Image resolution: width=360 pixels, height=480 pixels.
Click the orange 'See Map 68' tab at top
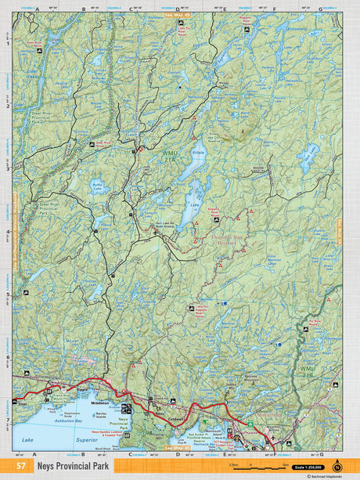[178, 14]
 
